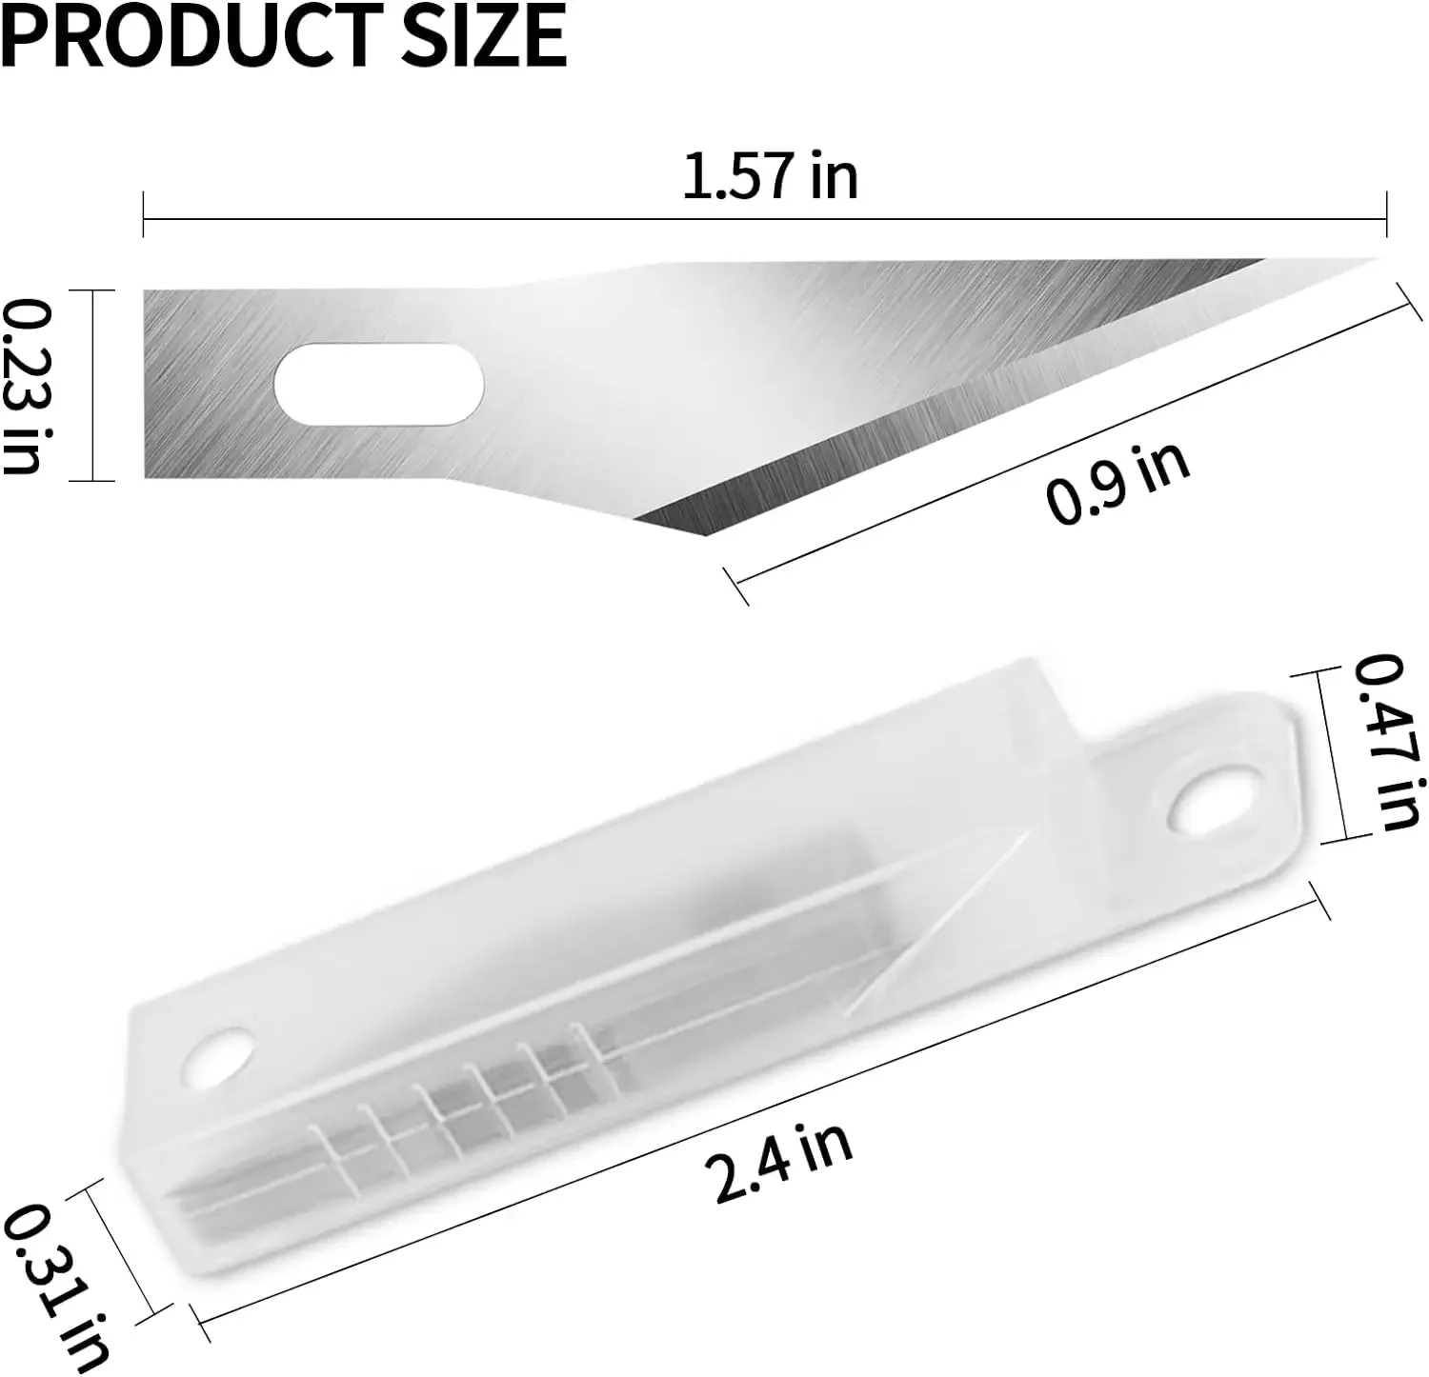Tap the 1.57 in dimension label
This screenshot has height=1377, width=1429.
pyautogui.click(x=770, y=177)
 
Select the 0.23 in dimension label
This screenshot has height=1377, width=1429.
pyautogui.click(x=24, y=386)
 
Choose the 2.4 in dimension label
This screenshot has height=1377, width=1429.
pyautogui.click(x=782, y=1163)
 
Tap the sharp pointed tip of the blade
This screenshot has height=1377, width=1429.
pyautogui.click(x=1372, y=260)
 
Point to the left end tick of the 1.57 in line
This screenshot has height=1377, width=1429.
pyautogui.click(x=143, y=214)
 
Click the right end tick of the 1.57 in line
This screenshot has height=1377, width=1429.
pyautogui.click(x=1386, y=214)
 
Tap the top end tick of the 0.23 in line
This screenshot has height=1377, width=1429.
pyautogui.click(x=92, y=290)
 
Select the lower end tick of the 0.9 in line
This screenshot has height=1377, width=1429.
pyautogui.click(x=736, y=587)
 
